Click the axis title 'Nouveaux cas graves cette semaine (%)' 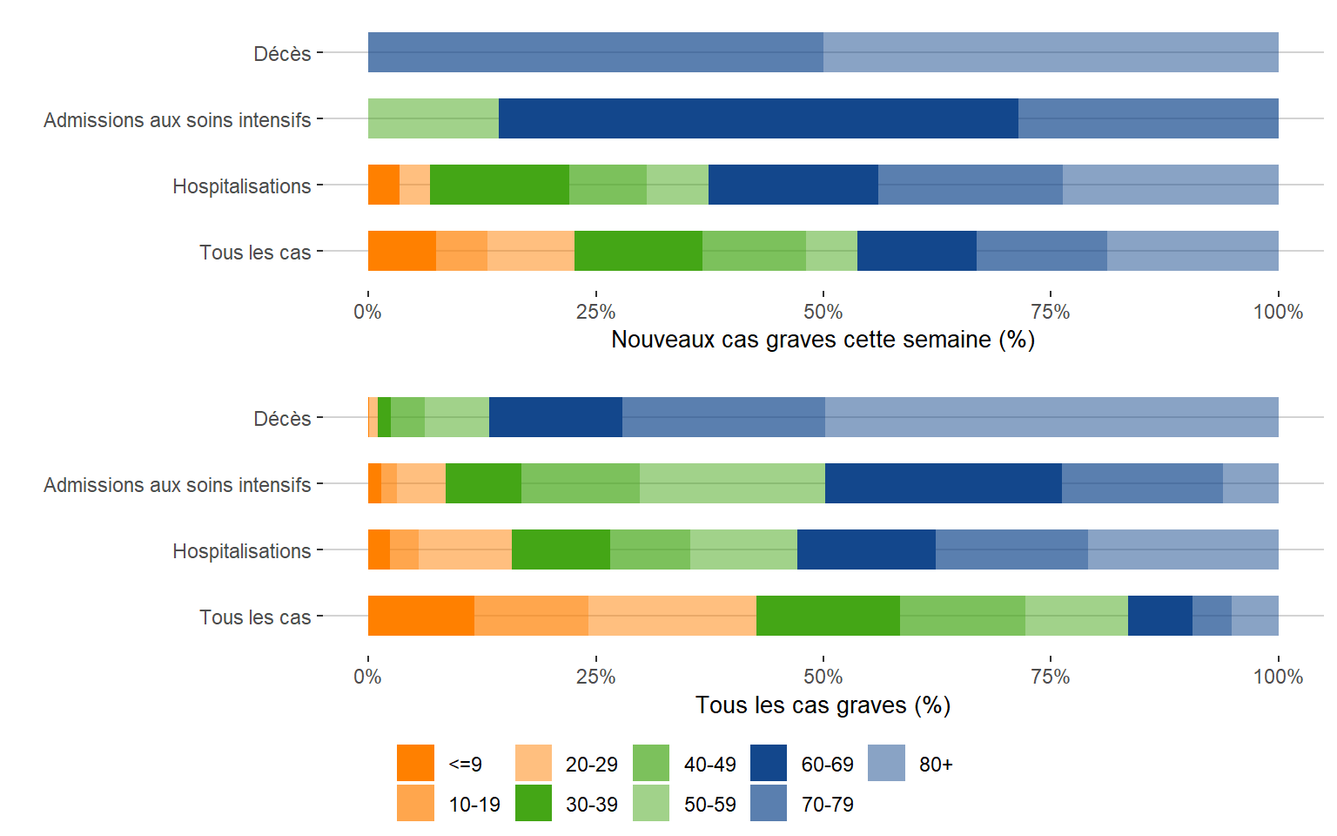point(823,340)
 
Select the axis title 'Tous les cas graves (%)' point(823,705)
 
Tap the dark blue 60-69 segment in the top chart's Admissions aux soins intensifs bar point(758,118)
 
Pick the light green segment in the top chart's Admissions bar point(433,118)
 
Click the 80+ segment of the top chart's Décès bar point(1051,52)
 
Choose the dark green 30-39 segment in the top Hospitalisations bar point(500,185)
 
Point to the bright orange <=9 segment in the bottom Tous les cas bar point(421,616)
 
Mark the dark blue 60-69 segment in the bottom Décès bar point(555,417)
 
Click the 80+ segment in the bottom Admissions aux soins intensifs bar point(1250,483)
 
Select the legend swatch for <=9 point(415,763)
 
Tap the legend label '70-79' point(827,805)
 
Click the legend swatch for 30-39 point(534,803)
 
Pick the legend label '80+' point(936,765)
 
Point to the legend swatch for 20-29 point(534,763)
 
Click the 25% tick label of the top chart point(595,312)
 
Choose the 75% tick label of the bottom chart point(1051,677)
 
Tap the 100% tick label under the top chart point(1278,312)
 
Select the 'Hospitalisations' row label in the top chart point(241,186)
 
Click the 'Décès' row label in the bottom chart point(282,419)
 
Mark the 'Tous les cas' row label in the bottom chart point(255,617)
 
